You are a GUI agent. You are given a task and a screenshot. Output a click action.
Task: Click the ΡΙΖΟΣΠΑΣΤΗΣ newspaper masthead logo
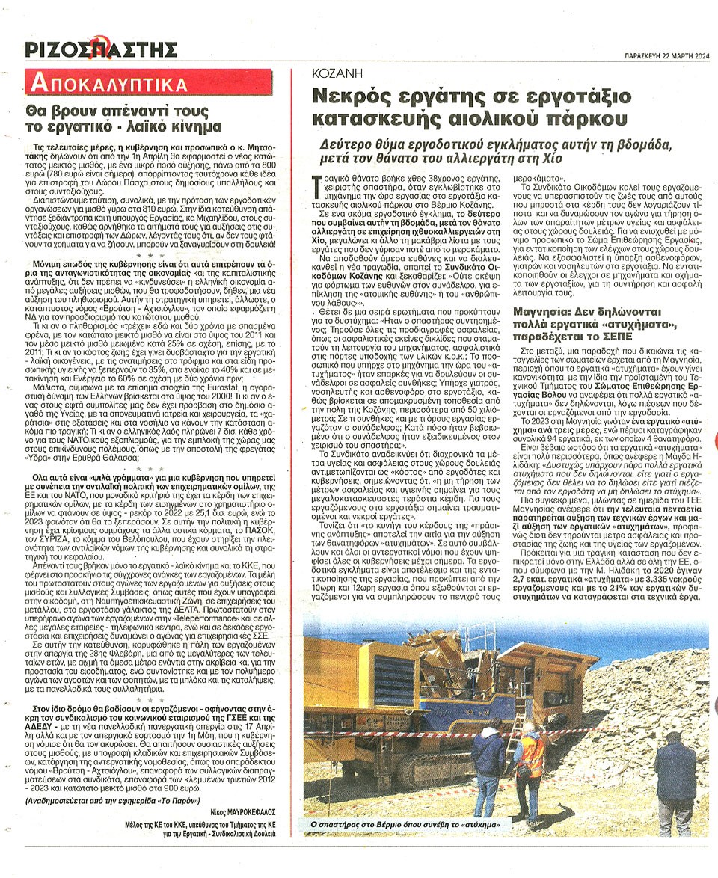point(101,49)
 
